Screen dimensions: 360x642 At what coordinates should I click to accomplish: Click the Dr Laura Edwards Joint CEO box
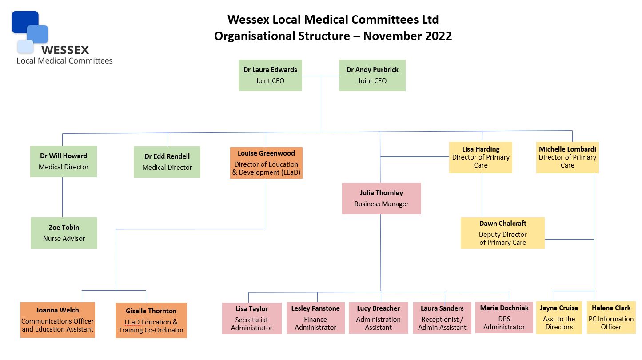point(270,75)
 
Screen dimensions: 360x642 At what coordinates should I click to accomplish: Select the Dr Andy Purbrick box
point(372,75)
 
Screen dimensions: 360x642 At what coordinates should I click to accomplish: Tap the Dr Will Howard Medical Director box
point(64,161)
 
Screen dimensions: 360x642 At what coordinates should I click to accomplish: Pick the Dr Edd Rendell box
point(167,162)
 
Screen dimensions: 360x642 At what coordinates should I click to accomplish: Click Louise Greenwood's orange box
point(266,163)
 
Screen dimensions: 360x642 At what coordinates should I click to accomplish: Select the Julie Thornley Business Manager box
point(381,198)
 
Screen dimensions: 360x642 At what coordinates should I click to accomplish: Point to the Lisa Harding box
point(481,157)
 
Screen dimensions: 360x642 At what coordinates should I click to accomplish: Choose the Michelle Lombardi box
point(567,157)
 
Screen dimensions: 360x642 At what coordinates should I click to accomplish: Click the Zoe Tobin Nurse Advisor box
point(64,233)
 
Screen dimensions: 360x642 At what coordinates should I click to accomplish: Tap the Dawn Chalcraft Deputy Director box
point(502,233)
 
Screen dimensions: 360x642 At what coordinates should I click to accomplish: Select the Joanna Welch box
point(58,320)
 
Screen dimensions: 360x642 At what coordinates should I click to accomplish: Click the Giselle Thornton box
point(151,320)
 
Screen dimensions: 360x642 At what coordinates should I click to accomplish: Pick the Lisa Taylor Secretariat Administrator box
point(252,318)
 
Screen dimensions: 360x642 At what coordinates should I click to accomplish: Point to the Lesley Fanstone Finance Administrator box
point(315,318)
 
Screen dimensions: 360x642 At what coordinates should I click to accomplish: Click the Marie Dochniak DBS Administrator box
point(504,317)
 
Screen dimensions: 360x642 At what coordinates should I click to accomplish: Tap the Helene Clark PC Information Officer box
point(611,317)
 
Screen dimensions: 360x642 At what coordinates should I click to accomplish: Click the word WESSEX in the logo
point(65,50)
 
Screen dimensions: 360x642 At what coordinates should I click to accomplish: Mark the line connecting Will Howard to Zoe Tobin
point(62,197)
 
